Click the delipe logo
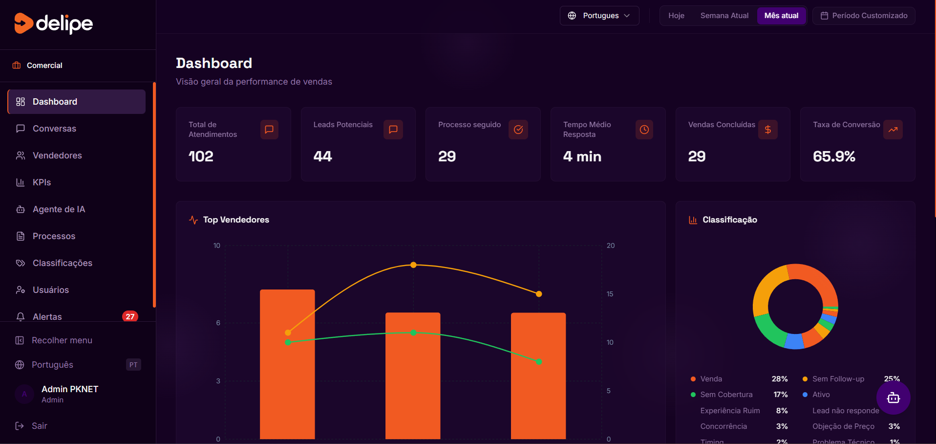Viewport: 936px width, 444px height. coord(54,23)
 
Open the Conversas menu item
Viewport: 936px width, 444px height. coord(54,129)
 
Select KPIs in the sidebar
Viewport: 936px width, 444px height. coord(42,182)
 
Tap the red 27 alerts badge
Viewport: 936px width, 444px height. coord(130,316)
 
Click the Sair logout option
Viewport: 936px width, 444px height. coord(39,426)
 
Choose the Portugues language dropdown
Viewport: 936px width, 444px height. coord(599,16)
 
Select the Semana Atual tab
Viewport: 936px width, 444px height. coord(724,16)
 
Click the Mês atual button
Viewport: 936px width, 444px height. coord(781,16)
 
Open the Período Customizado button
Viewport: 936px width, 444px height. coord(864,16)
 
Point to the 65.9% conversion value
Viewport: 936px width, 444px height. coord(834,156)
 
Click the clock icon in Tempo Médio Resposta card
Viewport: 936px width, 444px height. coord(644,130)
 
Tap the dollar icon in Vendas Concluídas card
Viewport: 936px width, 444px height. coord(767,130)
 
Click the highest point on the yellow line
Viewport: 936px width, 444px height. coord(413,265)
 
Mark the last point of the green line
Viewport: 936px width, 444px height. coord(539,362)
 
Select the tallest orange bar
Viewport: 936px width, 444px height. coord(287,364)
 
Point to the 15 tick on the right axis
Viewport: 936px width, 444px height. coord(610,294)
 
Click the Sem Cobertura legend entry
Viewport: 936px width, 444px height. coord(726,395)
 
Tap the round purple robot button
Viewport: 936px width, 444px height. coord(893,398)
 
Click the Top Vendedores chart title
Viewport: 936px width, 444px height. coord(236,220)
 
